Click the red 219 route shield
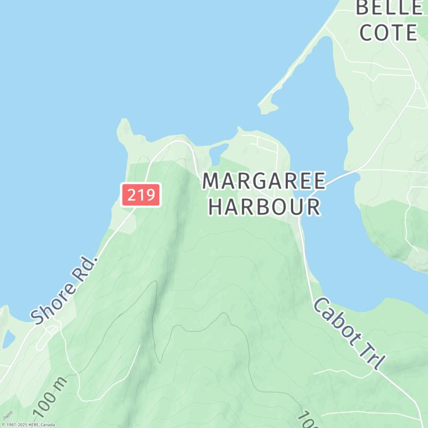coord(141,195)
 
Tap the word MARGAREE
coord(264,181)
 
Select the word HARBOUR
coord(264,207)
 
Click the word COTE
coord(388,33)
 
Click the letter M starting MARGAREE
coord(211,181)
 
